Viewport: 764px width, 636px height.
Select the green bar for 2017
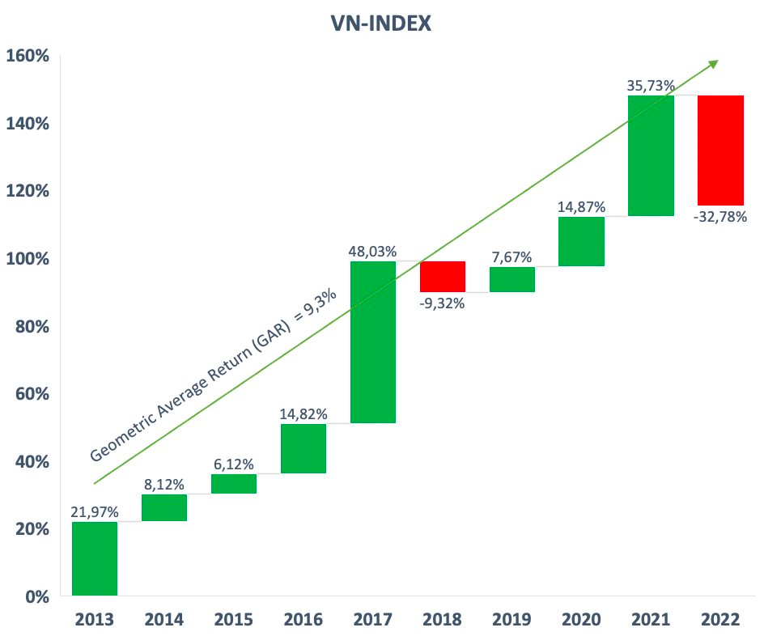373,341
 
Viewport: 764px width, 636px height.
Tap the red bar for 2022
720,150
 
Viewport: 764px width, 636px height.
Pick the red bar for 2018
443,276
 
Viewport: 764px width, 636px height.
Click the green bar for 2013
95,558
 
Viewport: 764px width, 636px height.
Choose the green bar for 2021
651,155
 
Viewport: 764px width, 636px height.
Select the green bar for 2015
234,483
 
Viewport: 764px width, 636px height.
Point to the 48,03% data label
373,252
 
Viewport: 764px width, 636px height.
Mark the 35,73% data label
651,85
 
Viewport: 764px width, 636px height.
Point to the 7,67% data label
511,257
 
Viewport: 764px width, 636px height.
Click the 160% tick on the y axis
28,56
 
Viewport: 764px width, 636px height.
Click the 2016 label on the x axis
303,620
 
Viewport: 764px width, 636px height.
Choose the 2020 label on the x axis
581,620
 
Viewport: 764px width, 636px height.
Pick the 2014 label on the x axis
164,620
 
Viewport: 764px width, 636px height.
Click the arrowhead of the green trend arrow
713,63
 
